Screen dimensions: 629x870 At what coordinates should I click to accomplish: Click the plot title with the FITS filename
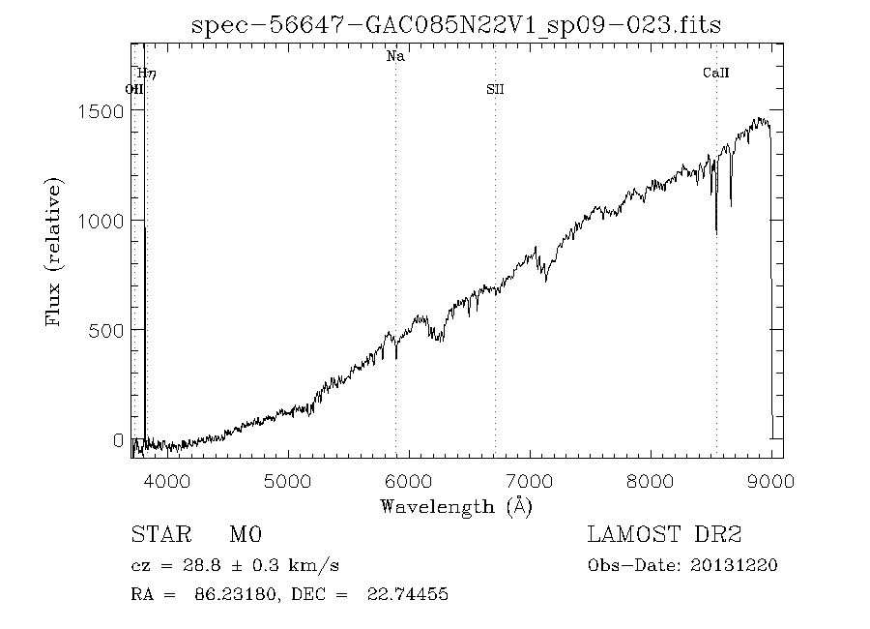[456, 25]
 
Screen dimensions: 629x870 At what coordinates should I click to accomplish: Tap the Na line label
[395, 57]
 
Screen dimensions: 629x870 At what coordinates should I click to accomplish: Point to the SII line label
[495, 90]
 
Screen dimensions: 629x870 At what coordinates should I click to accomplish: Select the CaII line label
[716, 74]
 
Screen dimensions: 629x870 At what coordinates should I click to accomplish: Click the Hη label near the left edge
[146, 74]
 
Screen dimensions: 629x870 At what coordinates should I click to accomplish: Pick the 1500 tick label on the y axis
[100, 110]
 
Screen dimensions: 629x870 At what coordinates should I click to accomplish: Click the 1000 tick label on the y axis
[100, 220]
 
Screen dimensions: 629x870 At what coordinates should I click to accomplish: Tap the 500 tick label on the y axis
[105, 330]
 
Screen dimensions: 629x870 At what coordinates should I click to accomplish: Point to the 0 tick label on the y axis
[118, 440]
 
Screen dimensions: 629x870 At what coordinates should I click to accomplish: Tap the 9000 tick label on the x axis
[771, 479]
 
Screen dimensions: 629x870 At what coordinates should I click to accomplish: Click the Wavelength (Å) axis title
[456, 505]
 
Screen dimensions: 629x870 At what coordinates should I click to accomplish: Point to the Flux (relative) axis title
[54, 252]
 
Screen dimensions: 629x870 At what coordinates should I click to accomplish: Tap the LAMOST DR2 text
[665, 534]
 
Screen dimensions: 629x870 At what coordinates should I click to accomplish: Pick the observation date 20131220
[734, 565]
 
